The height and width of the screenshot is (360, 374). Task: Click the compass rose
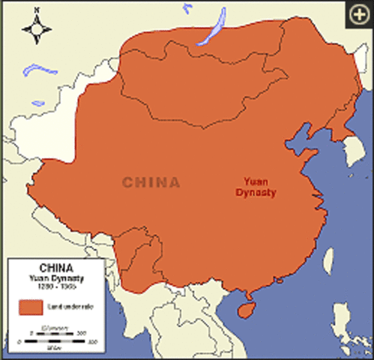click(37, 28)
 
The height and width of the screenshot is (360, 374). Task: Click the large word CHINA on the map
click(151, 182)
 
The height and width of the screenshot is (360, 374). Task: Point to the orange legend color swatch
click(31, 307)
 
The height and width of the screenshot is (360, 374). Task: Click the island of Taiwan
click(328, 260)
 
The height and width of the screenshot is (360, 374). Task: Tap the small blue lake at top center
click(187, 8)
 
